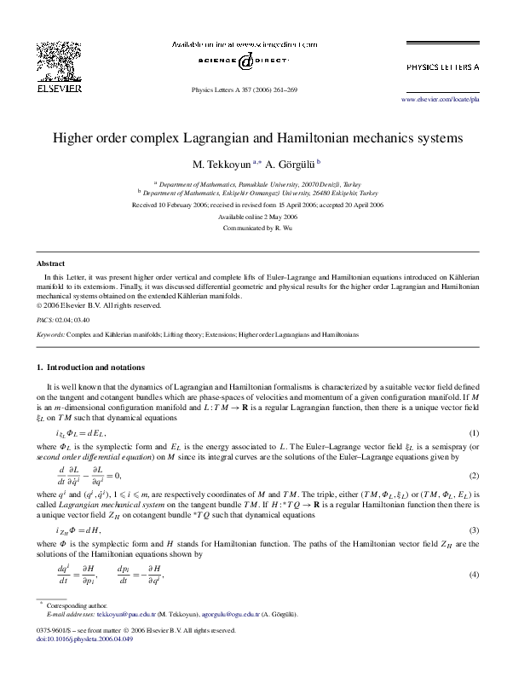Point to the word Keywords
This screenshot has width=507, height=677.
[50, 334]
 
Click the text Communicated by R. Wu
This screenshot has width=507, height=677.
[253, 229]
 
